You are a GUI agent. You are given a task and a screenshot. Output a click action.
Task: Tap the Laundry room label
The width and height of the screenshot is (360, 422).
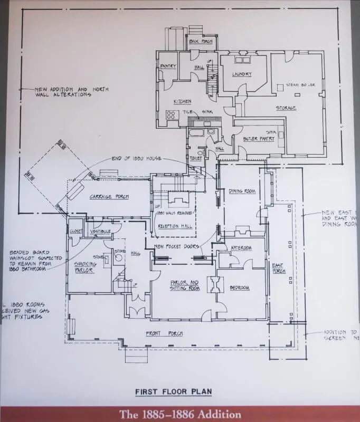pos(242,74)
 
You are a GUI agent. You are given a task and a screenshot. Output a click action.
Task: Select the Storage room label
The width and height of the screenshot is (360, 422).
pos(286,108)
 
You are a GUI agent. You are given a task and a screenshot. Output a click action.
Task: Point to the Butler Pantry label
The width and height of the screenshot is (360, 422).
pos(258,139)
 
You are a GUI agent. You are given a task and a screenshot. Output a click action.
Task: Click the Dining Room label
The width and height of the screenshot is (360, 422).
pos(242,191)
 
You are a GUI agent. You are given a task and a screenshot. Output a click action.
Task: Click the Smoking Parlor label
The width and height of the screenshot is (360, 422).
pos(85,267)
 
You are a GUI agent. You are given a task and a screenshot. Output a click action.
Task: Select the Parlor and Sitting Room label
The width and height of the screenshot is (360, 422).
pos(184,285)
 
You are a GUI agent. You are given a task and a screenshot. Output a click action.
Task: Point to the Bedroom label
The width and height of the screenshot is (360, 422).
pos(239,288)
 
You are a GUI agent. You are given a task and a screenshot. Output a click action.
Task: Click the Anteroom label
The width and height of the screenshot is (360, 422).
pos(241,247)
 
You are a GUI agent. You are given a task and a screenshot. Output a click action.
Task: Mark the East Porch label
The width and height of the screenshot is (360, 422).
pos(278,268)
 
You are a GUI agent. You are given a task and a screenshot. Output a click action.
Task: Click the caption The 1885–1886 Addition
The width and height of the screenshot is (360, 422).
pos(180,414)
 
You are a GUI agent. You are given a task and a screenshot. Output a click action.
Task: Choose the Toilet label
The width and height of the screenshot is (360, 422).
pos(195,158)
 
